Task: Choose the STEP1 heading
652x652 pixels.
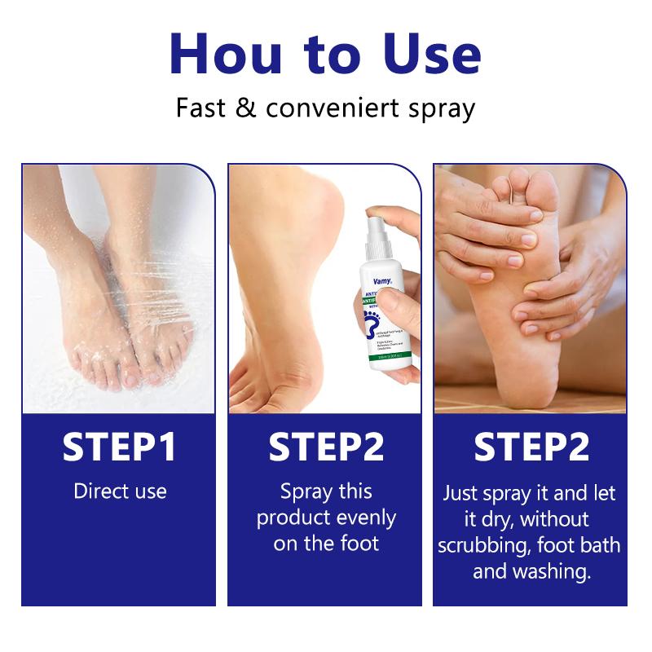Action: click(x=120, y=448)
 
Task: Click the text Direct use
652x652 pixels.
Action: click(x=120, y=491)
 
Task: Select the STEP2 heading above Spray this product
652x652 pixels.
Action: click(x=326, y=448)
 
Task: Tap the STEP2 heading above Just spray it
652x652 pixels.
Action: click(x=531, y=448)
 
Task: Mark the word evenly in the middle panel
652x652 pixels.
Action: click(x=363, y=518)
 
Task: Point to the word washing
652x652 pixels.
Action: click(x=553, y=571)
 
